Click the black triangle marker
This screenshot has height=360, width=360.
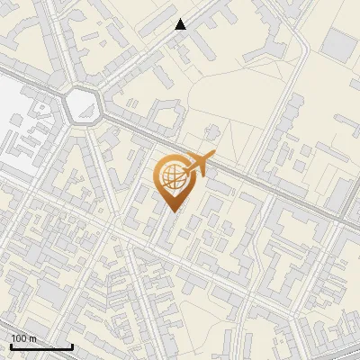click(x=181, y=24)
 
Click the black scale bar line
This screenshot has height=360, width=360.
click(x=41, y=347)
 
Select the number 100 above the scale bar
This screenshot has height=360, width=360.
click(x=19, y=338)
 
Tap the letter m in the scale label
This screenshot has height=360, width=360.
click(x=32, y=338)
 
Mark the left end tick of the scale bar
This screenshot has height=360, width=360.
click(x=11, y=346)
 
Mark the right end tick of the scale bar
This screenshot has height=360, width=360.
click(x=72, y=346)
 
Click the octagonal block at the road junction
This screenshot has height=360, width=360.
click(x=84, y=105)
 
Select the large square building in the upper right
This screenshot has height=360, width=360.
click(x=339, y=45)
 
